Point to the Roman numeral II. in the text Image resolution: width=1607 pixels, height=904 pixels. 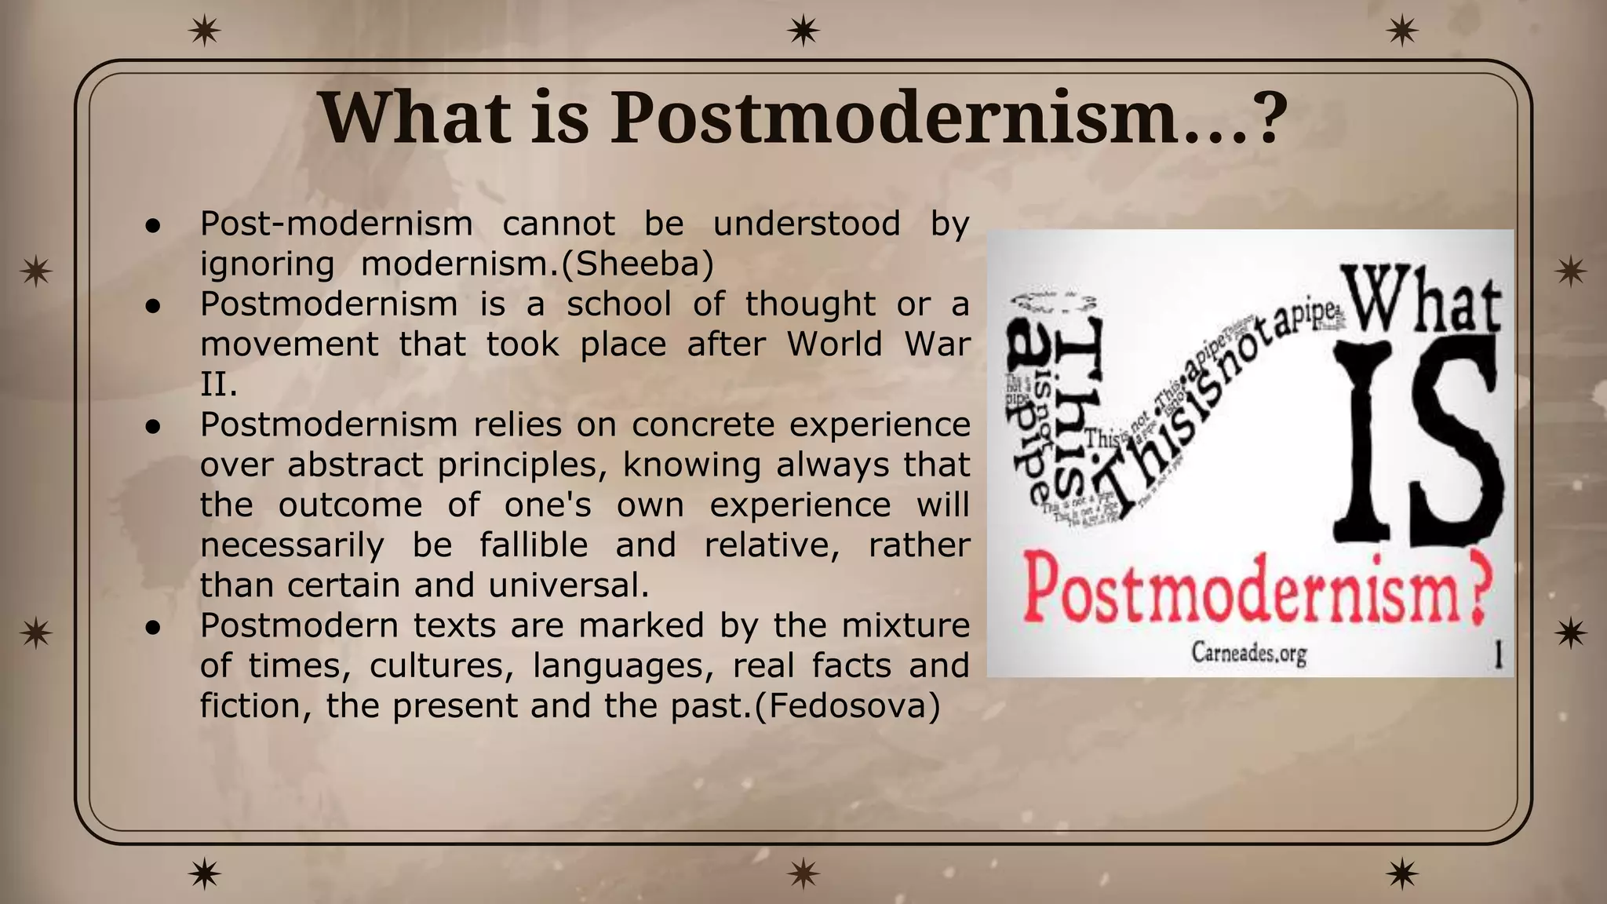click(218, 385)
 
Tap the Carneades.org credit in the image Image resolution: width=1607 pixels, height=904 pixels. click(1249, 653)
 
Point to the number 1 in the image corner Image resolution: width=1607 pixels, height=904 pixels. click(1497, 654)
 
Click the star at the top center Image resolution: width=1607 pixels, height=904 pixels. click(803, 31)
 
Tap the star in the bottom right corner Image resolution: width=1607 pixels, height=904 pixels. click(1401, 873)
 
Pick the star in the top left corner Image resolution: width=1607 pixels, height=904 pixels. click(205, 31)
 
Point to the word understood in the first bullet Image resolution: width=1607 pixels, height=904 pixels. click(807, 224)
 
